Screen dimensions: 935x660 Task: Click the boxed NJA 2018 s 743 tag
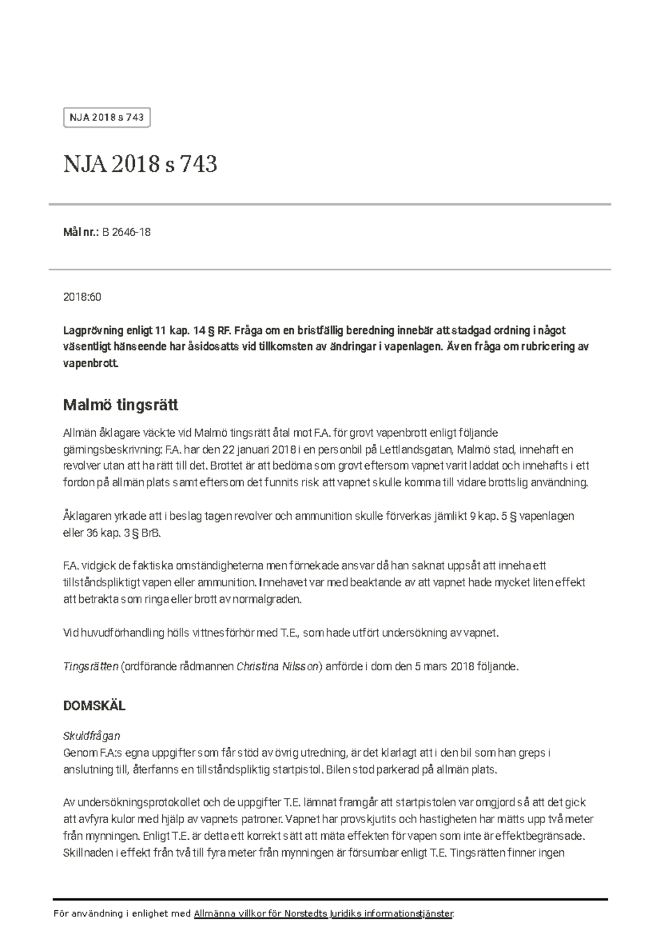point(107,117)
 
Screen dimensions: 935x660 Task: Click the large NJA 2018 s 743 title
point(140,164)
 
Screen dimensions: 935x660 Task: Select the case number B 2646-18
point(126,232)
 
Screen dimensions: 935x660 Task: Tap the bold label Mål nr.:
point(81,232)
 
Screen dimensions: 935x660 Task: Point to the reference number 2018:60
point(82,297)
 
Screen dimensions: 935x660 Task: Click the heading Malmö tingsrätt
point(120,405)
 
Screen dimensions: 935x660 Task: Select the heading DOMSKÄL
point(94,706)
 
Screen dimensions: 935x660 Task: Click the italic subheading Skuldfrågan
point(92,736)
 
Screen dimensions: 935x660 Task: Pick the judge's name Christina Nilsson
point(277,666)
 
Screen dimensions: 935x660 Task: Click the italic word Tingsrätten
point(91,666)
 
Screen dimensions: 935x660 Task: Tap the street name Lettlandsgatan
point(416,449)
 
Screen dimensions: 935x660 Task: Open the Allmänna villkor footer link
point(323,914)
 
